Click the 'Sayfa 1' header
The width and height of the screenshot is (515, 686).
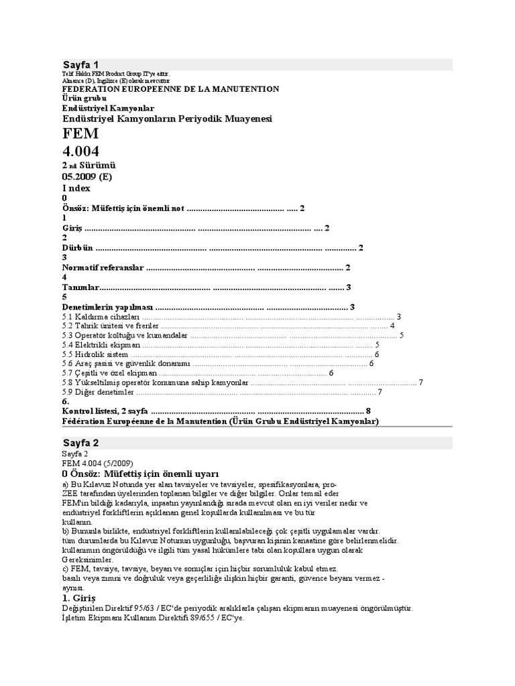click(80, 64)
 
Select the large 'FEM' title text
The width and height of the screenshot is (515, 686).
click(80, 134)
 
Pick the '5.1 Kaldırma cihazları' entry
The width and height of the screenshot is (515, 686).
click(101, 316)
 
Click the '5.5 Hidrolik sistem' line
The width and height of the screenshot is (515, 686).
click(94, 354)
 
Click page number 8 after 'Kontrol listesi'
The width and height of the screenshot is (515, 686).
click(368, 410)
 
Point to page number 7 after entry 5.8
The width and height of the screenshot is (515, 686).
click(420, 383)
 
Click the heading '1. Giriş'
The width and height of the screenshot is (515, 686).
click(79, 596)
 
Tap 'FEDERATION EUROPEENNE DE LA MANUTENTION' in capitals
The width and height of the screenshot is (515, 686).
click(170, 88)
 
